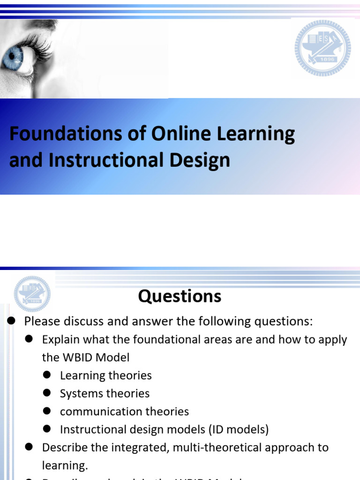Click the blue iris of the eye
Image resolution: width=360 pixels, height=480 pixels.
click(10, 60)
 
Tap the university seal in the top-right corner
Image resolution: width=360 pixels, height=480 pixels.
click(322, 48)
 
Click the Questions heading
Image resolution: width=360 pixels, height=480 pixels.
click(180, 296)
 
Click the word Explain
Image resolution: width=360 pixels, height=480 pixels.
click(60, 339)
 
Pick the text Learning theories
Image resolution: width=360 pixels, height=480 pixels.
click(106, 375)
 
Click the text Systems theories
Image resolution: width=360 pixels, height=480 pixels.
click(105, 393)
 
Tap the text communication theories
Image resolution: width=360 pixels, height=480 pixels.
click(124, 412)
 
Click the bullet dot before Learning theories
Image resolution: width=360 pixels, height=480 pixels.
click(46, 375)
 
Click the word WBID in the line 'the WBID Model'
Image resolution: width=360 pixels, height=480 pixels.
click(76, 357)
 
